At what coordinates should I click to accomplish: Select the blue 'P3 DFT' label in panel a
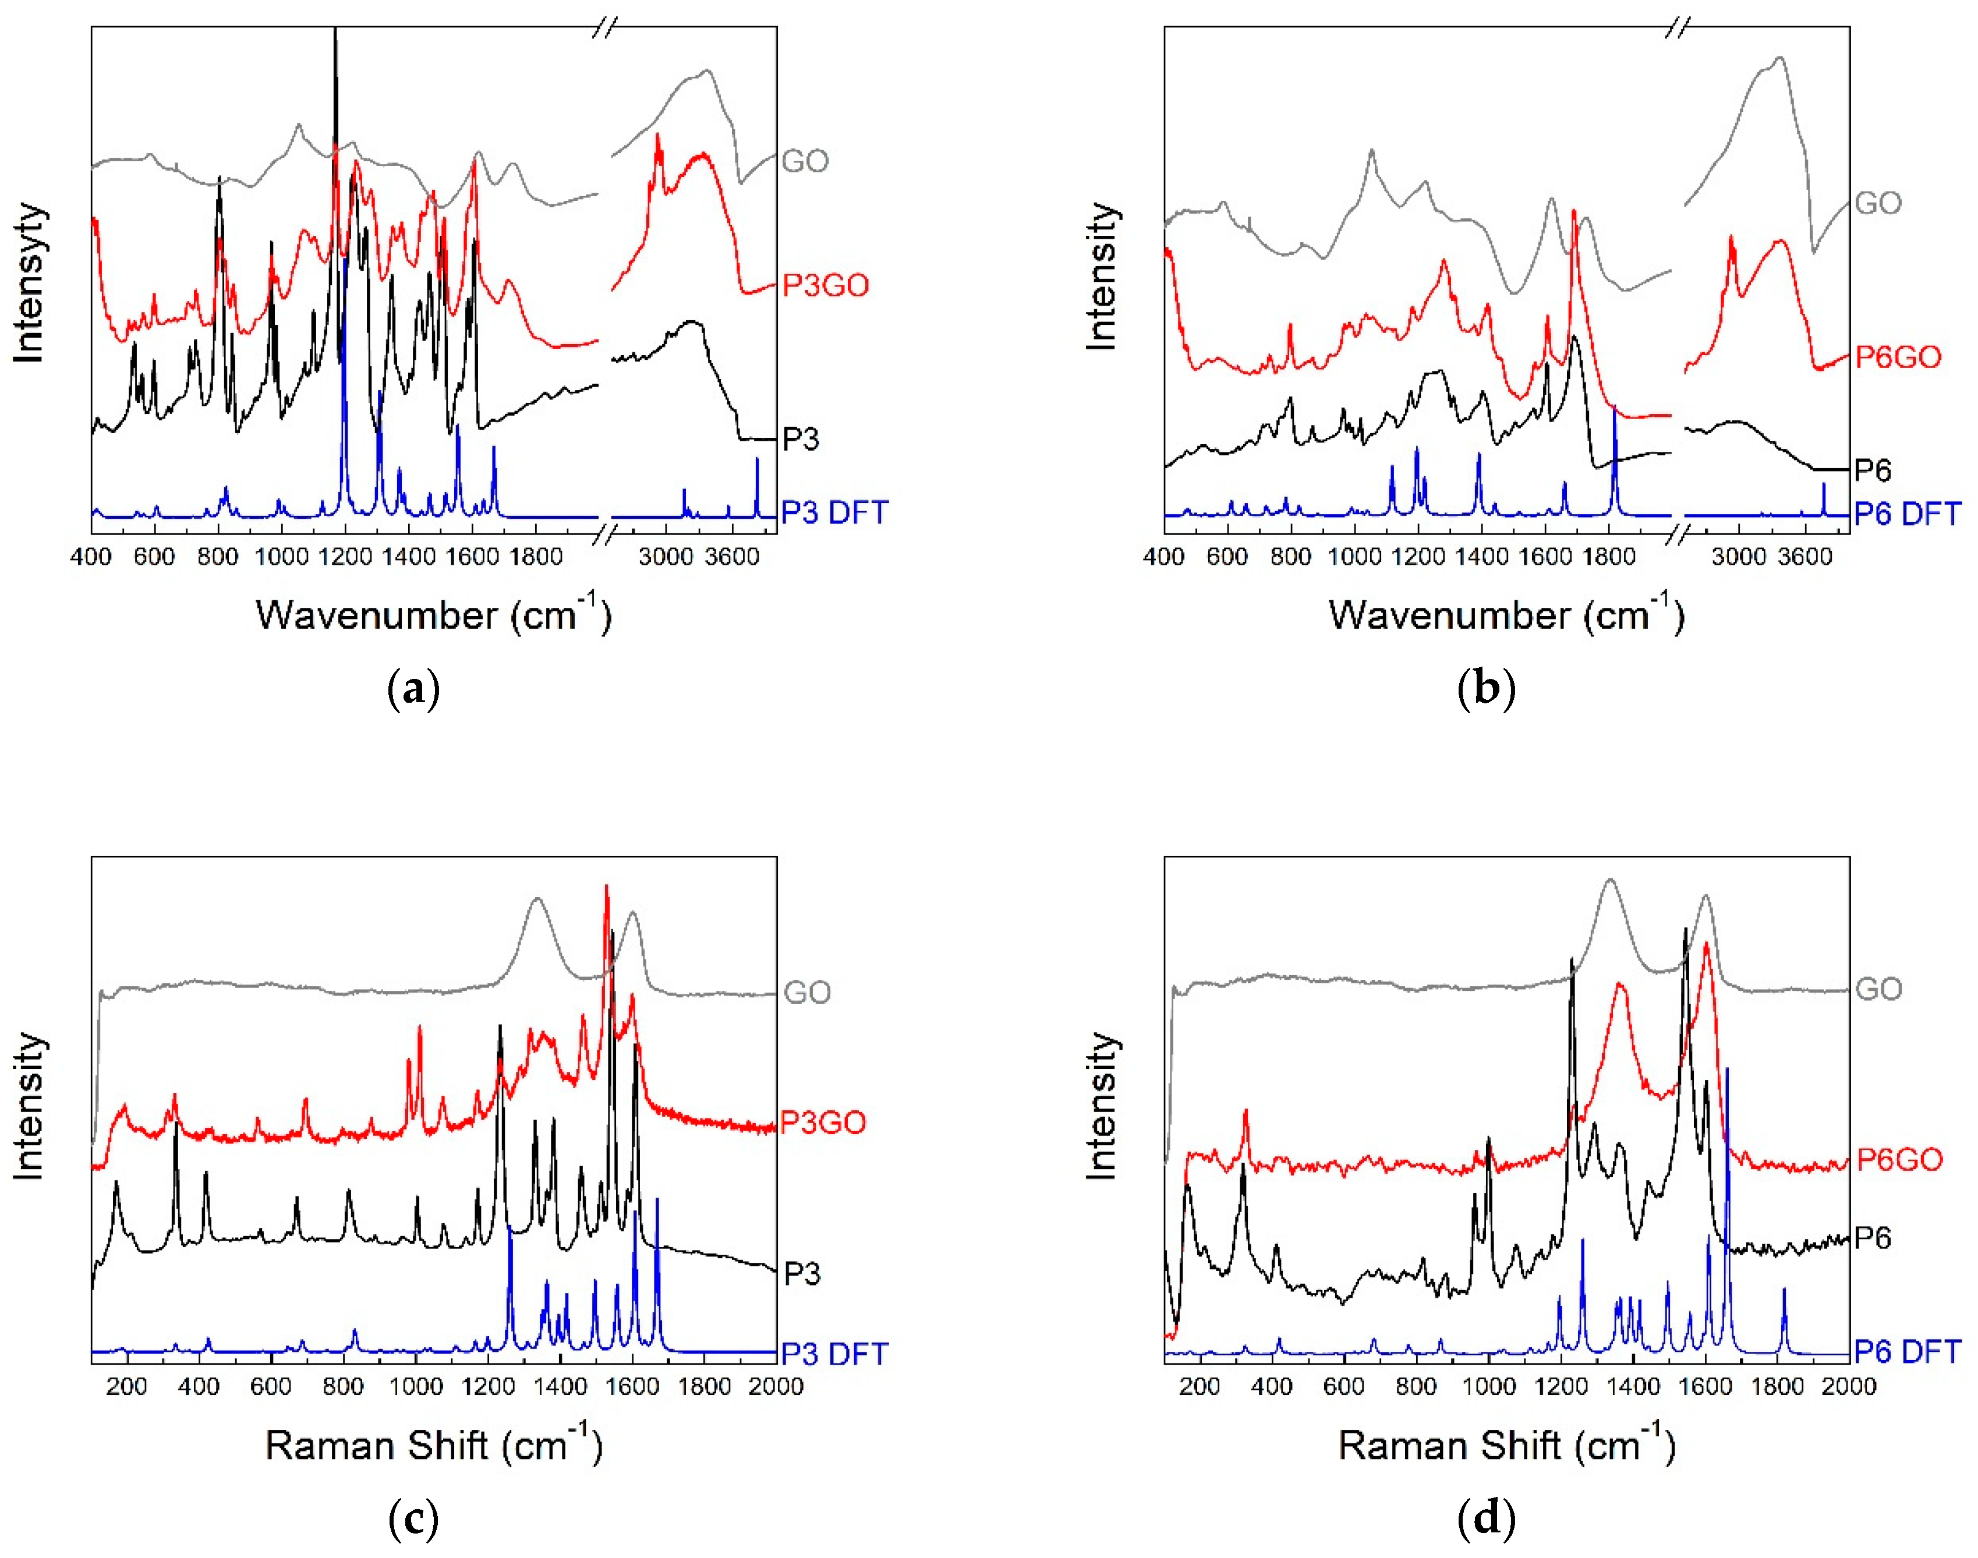[834, 513]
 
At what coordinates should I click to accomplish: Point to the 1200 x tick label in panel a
[345, 557]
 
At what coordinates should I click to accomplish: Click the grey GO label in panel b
[1878, 203]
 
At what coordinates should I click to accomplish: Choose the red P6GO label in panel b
[1898, 357]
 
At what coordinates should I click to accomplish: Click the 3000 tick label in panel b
[1738, 557]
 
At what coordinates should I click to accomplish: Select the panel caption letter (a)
[413, 689]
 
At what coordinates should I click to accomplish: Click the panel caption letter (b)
[1486, 689]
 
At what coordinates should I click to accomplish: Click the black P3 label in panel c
[801, 1273]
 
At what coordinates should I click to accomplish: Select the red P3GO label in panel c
[823, 1122]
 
